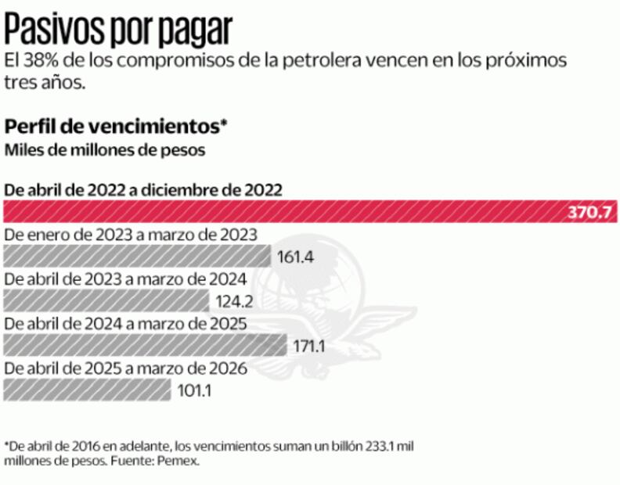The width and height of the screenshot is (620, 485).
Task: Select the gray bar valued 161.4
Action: tap(138, 256)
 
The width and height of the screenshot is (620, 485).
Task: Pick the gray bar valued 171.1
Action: tap(145, 345)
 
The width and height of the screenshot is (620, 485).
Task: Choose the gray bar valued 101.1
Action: tap(87, 389)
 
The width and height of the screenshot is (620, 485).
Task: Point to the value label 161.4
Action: tap(296, 257)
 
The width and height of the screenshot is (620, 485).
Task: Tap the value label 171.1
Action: tap(310, 345)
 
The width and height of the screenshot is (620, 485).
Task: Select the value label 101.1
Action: tap(194, 390)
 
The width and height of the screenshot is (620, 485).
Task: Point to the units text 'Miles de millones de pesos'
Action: tap(105, 150)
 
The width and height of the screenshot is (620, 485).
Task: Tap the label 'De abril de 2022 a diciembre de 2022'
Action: tap(143, 189)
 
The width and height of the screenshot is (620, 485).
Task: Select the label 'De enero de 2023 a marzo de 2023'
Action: tap(132, 235)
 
